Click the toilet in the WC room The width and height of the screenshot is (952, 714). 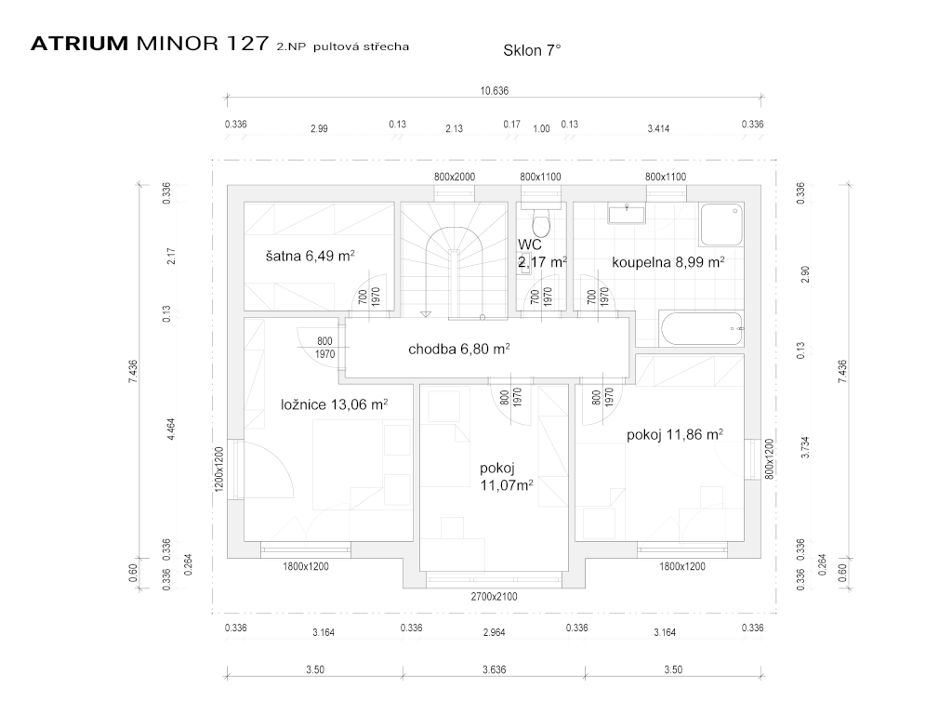[540, 223]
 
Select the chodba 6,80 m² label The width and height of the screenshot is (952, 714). [458, 350]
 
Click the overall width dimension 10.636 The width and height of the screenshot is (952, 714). [495, 91]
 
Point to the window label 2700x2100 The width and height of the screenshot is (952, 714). [495, 597]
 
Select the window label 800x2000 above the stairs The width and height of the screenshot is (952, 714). [455, 177]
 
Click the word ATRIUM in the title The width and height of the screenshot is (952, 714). [79, 44]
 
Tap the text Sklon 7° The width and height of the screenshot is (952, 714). [532, 51]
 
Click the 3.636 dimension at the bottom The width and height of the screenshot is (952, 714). [495, 669]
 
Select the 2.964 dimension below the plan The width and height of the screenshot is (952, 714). [495, 632]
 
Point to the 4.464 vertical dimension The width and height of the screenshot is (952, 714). [170, 431]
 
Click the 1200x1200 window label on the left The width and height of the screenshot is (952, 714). [220, 469]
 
